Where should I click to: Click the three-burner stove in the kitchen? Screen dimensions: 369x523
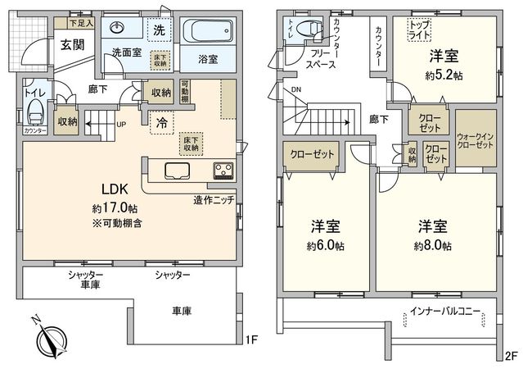(x=223, y=171)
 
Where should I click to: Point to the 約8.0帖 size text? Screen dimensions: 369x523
(x=433, y=245)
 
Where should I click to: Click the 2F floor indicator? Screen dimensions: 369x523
(x=512, y=355)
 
